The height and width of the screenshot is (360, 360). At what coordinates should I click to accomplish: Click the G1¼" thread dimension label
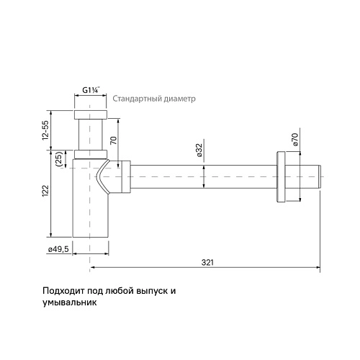tap(90, 90)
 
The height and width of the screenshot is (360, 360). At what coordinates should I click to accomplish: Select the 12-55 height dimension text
tap(45, 130)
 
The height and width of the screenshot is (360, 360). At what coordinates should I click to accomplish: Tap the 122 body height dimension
tap(45, 192)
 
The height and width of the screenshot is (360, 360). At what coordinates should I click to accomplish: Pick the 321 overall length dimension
tap(207, 263)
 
